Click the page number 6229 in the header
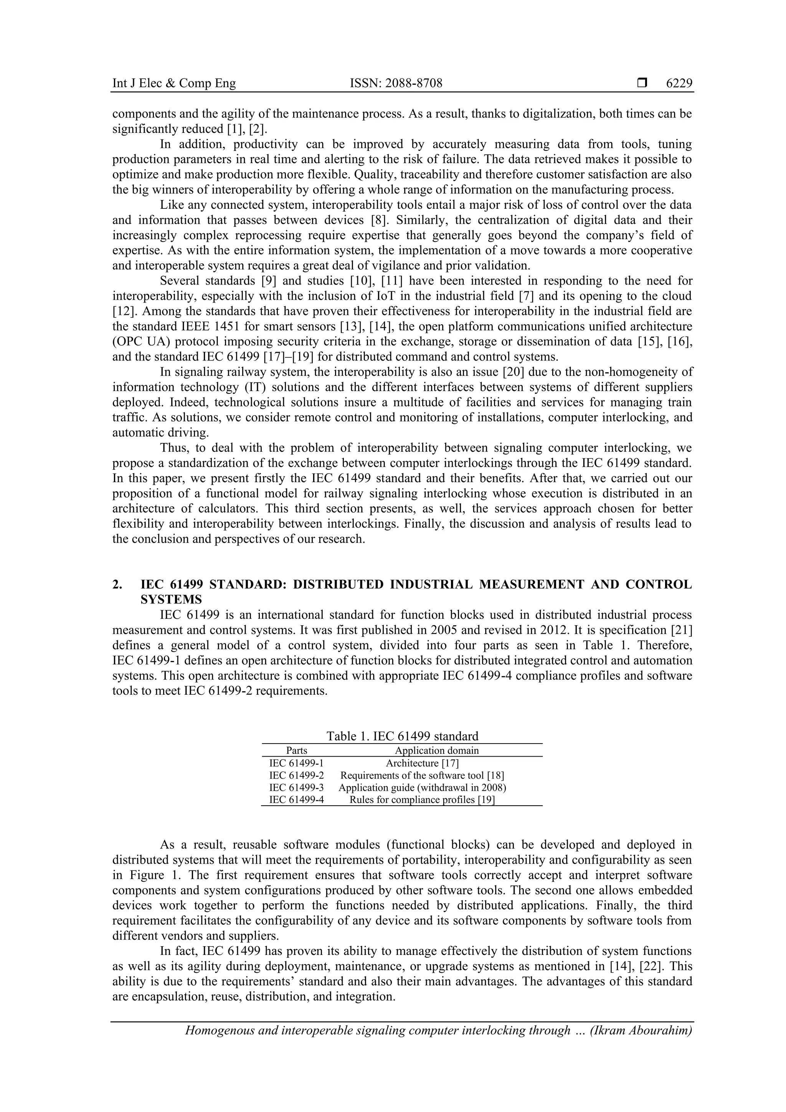pyautogui.click(x=679, y=83)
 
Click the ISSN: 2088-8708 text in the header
pyautogui.click(x=396, y=83)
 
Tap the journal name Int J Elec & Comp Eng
pyautogui.click(x=174, y=83)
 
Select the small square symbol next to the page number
pyautogui.click(x=642, y=83)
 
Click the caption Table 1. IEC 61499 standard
pyautogui.click(x=402, y=736)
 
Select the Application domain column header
pyautogui.click(x=436, y=750)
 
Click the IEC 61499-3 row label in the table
pyautogui.click(x=296, y=788)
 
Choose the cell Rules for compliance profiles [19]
pyautogui.click(x=422, y=800)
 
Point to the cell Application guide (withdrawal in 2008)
pyautogui.click(x=422, y=788)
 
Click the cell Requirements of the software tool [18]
pyautogui.click(x=422, y=775)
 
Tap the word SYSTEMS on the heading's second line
pyautogui.click(x=171, y=600)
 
